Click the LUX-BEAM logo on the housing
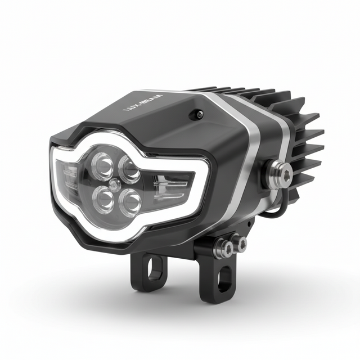pos(143,102)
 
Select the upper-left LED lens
pos(102,164)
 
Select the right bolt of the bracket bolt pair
pos(240,243)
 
